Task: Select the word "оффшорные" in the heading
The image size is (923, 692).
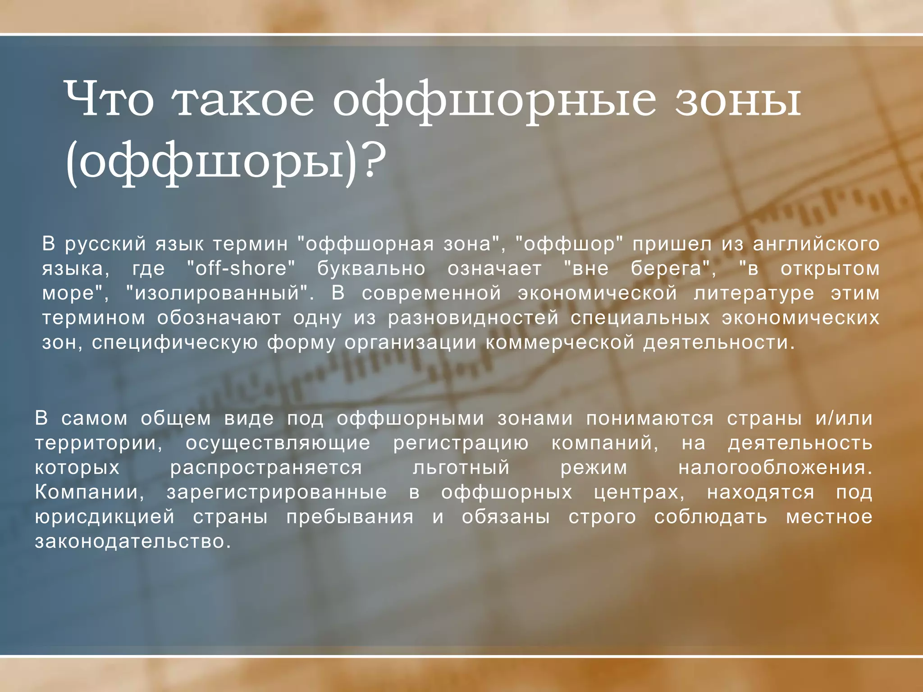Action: pyautogui.click(x=493, y=100)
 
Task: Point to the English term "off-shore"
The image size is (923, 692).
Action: pyautogui.click(x=241, y=269)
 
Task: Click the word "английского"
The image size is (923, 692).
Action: pyautogui.click(x=816, y=244)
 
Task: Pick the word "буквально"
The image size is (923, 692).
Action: pyautogui.click(x=371, y=269)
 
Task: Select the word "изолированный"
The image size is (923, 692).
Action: pyautogui.click(x=218, y=293)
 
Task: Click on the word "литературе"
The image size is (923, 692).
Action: pyautogui.click(x=754, y=293)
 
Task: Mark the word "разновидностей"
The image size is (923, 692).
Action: pyautogui.click(x=473, y=318)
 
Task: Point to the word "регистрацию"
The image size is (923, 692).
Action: pyautogui.click(x=461, y=443)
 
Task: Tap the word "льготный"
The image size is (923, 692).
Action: pyautogui.click(x=461, y=468)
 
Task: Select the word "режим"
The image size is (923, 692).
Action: pyautogui.click(x=594, y=468)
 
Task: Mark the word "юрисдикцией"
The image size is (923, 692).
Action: pyautogui.click(x=105, y=517)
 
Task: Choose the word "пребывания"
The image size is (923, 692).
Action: pyautogui.click(x=350, y=517)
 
